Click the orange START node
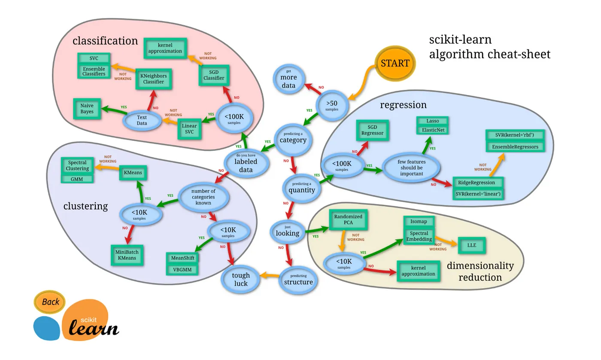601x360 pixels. tap(395, 63)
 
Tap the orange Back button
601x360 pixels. tap(50, 302)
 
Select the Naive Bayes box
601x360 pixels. tap(87, 109)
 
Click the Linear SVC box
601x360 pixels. tap(189, 129)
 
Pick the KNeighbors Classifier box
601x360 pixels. tap(154, 79)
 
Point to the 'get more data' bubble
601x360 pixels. tap(288, 79)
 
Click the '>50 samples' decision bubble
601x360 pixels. tap(332, 105)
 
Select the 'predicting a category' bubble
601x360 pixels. tap(293, 139)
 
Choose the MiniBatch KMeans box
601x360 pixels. tap(127, 255)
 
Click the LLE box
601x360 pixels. tap(472, 245)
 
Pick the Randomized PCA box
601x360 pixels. tap(348, 220)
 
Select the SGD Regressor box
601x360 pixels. tap(373, 130)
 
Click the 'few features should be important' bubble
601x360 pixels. tap(411, 168)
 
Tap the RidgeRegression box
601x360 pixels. tap(478, 183)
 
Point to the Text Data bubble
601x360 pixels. tap(142, 120)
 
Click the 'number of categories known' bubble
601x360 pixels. tap(203, 197)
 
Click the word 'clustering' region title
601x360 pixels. tap(85, 206)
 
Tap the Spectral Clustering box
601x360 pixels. tap(77, 165)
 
